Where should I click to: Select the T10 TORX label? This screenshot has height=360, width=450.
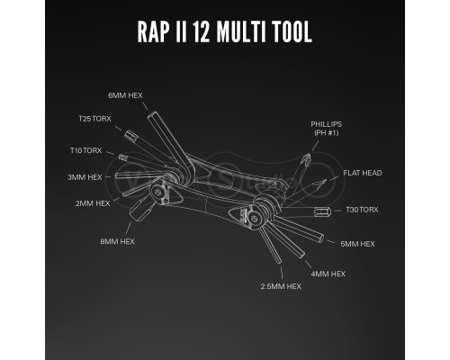click(86, 150)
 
